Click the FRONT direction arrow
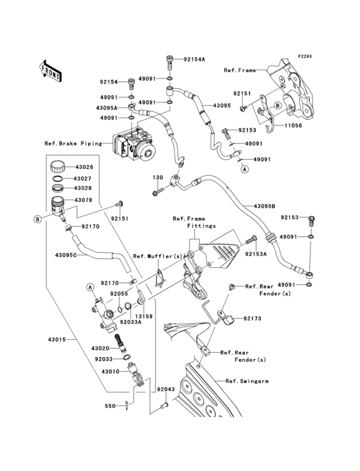tap(50, 71)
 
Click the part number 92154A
tap(194, 59)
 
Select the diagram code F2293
tap(305, 56)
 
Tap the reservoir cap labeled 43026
tap(57, 167)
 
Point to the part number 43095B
tap(265, 207)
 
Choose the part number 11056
tap(293, 125)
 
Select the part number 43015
tap(57, 340)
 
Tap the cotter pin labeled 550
tap(127, 406)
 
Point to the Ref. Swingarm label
tap(248, 381)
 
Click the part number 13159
tap(143, 317)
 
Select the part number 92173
tap(252, 319)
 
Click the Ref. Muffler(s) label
tap(157, 256)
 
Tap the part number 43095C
tap(66, 255)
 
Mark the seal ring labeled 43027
tap(58, 179)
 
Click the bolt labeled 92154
tap(131, 83)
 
